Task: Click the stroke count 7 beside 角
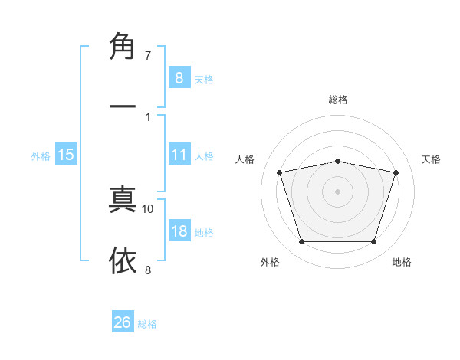coord(148,55)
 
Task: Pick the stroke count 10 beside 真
coord(148,208)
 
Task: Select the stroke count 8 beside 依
coord(148,270)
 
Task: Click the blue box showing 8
coord(179,77)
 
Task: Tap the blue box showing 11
coord(179,155)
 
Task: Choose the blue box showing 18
coord(179,232)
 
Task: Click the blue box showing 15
coord(66,155)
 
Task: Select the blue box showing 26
coord(123,322)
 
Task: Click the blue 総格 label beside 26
coord(147,323)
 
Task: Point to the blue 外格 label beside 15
coord(41,155)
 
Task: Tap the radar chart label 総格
coord(338,100)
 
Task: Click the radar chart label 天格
coord(432,159)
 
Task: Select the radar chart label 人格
coord(245,159)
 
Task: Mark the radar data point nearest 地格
coord(374,242)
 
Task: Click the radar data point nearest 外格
coord(301,242)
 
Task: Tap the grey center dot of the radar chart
coord(338,191)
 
